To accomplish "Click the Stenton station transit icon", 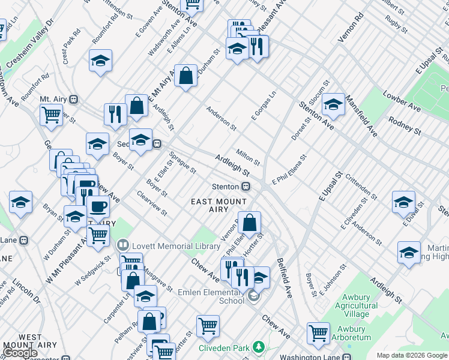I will coord(246,187).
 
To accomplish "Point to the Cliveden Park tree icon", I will coord(259,347).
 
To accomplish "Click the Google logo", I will coord(20,353).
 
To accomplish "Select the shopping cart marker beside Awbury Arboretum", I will coord(318,332).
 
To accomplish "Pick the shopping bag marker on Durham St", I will coord(186,75).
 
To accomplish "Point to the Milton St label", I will coord(248,158).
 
